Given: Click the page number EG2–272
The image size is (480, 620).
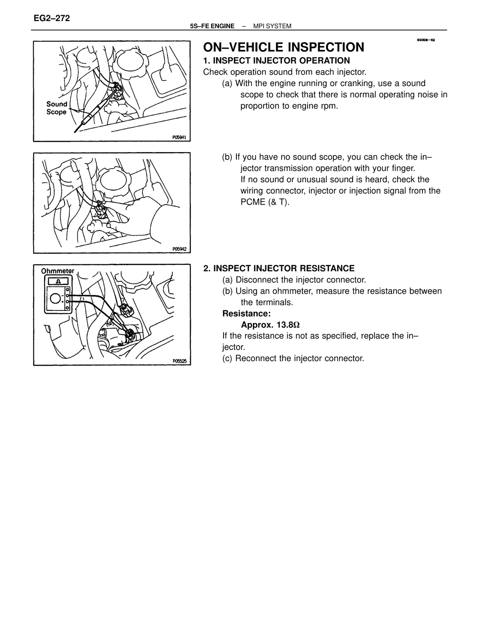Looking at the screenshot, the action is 52,18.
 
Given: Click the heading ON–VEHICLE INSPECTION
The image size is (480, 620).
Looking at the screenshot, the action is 284,47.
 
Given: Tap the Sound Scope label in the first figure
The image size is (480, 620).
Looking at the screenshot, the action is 57,108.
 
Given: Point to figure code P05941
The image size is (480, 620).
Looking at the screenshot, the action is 179,137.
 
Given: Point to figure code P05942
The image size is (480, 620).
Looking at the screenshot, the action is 179,249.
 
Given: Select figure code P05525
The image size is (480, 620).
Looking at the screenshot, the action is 179,361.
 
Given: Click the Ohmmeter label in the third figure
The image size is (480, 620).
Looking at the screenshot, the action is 58,271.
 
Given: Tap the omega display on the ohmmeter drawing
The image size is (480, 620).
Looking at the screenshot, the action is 58,282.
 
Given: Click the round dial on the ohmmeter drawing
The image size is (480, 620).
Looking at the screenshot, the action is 55,298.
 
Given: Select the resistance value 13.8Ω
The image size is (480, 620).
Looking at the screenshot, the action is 288,325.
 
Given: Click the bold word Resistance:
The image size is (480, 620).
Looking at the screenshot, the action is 246,314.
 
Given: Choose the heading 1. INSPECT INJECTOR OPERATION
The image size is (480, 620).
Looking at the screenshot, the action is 276,60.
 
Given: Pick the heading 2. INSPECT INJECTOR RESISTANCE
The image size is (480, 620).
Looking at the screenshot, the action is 279,268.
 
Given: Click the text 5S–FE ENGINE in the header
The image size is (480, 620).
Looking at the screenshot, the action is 212,26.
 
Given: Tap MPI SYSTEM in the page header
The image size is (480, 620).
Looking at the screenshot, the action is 272,26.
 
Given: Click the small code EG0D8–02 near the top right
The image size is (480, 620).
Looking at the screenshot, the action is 426,40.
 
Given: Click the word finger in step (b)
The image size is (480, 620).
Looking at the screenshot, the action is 403,168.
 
